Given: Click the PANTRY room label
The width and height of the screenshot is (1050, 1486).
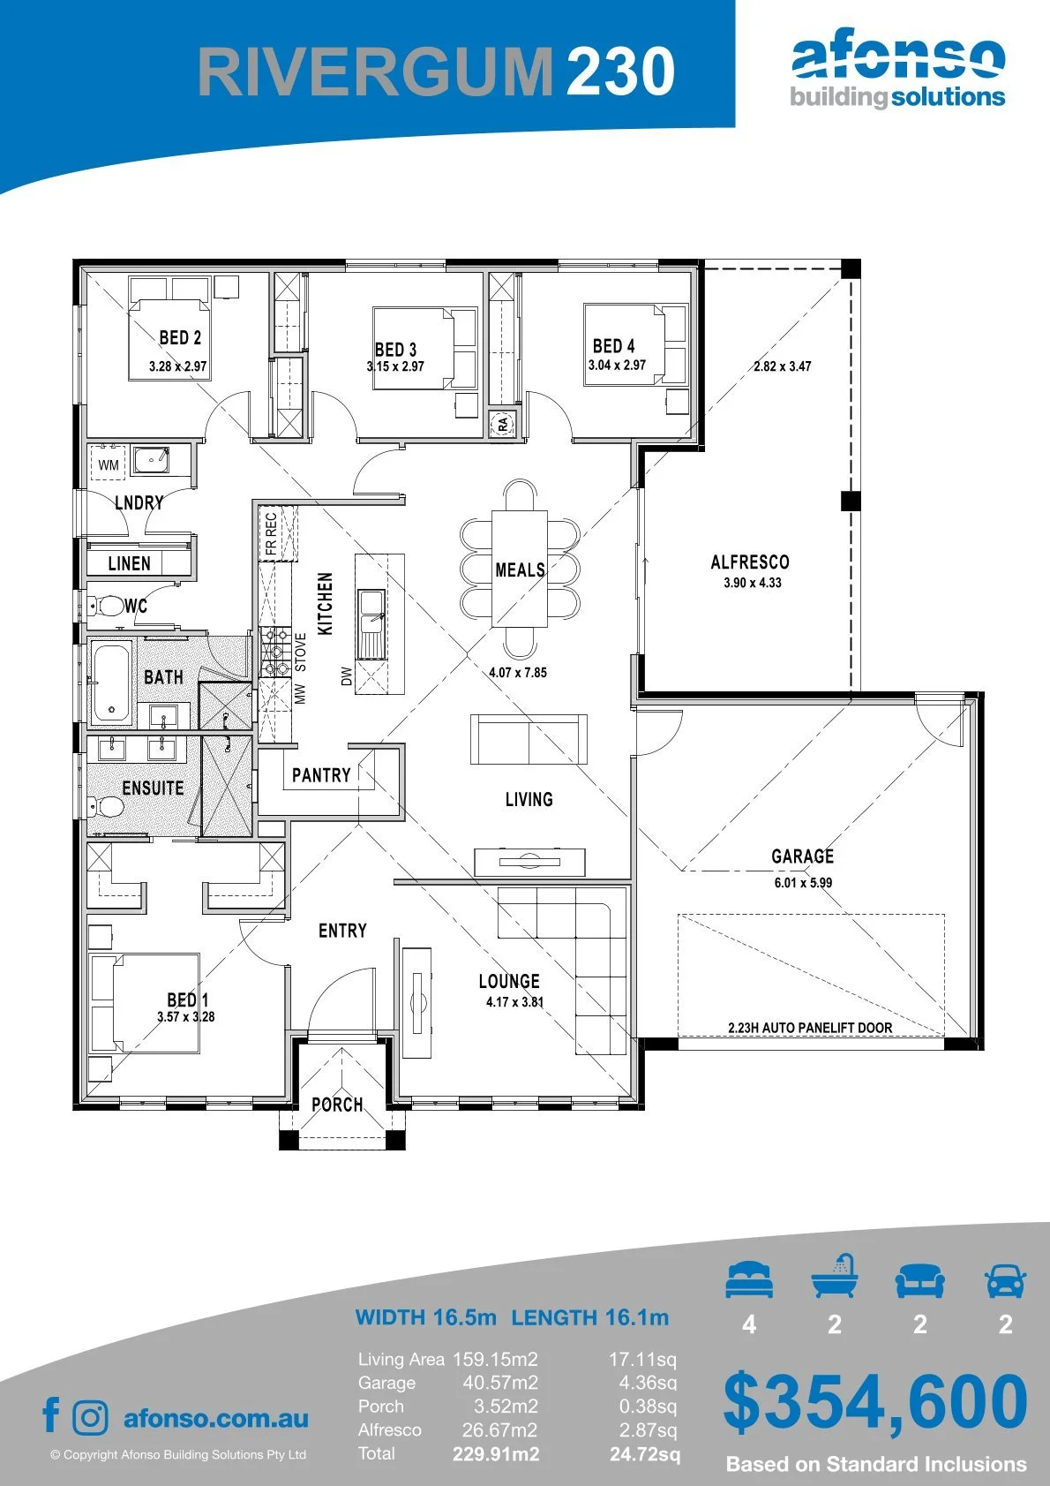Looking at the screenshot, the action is tap(321, 775).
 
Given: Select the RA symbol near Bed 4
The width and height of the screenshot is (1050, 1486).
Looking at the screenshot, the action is tap(502, 424).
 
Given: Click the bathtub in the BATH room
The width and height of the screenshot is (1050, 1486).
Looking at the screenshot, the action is tap(110, 682).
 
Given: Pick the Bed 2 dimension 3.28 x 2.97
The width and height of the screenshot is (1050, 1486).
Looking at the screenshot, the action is tap(177, 366).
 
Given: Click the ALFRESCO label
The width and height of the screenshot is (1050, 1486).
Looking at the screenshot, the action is tap(750, 562).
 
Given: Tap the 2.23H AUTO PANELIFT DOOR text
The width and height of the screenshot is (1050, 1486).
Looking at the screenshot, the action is tap(810, 1028).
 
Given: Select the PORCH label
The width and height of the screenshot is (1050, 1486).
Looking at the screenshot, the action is tap(337, 1105).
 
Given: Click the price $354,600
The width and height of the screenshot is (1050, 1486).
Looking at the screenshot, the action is tap(875, 1402).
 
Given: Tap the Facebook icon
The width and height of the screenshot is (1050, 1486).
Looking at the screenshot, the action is tap(51, 1415).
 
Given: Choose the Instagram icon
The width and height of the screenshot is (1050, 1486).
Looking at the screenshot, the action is tap(89, 1418).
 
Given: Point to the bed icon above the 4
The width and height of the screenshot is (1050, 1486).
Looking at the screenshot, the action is tap(749, 1279).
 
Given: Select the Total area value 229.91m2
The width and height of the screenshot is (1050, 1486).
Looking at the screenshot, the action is tap(496, 1454).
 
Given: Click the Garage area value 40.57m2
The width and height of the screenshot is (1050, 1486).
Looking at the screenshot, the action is tap(500, 1383).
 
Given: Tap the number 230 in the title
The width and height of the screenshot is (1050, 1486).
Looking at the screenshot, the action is tap(620, 71).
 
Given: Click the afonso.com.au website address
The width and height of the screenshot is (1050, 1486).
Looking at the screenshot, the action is tap(216, 1418).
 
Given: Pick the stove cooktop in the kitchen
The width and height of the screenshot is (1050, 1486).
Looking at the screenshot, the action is tap(275, 652).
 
